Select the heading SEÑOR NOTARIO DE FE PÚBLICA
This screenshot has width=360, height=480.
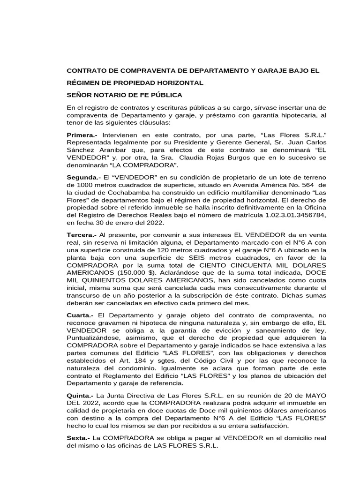pos(125,95)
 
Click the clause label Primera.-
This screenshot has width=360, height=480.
pos(82,135)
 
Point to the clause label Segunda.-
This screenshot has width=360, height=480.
pos(83,179)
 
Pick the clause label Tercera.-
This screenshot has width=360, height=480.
pos(82,234)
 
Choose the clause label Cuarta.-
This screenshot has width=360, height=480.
pos(80,316)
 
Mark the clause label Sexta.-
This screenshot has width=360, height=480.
pos(79,438)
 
